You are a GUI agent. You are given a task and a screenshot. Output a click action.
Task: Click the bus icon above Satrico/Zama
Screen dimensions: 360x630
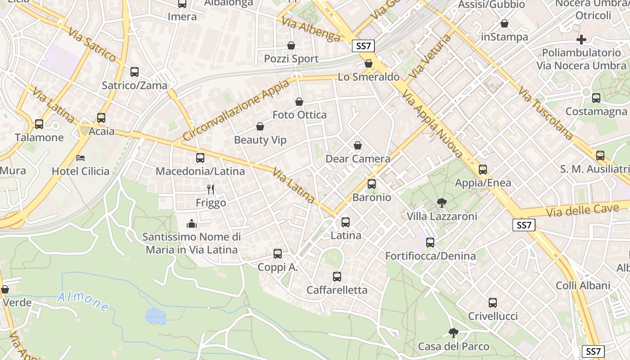(134, 72)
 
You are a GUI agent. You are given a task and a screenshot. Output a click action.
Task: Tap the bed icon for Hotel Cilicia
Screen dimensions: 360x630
(81, 158)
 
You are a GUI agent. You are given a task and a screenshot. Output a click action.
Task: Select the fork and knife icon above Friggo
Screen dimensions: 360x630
(210, 189)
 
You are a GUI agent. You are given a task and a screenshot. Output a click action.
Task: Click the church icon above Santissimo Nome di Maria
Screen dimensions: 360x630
(192, 223)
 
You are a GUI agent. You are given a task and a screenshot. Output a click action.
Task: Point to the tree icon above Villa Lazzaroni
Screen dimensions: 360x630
(441, 203)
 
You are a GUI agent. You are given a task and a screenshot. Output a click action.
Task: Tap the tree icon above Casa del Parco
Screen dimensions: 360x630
(453, 333)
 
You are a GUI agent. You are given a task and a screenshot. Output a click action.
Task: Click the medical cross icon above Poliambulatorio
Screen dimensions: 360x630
(581, 39)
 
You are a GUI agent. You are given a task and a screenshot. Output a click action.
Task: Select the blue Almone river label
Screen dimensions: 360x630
(83, 301)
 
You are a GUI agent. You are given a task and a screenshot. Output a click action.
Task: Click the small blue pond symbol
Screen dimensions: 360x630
(156, 316)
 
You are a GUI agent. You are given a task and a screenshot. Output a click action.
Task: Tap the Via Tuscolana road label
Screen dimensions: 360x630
(545, 113)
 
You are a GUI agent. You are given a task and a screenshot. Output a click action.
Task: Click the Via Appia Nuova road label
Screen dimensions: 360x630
(432, 124)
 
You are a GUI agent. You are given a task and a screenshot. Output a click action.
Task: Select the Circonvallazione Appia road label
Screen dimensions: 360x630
(236, 110)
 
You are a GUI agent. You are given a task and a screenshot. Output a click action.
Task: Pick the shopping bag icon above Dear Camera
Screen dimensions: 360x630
(358, 145)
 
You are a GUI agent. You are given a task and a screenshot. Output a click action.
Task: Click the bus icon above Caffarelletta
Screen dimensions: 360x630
(337, 277)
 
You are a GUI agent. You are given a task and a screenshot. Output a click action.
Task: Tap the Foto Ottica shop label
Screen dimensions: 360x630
(300, 115)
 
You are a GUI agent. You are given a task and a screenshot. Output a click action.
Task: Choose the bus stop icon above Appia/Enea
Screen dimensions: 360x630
(483, 170)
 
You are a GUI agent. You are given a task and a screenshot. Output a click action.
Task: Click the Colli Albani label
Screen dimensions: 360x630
(583, 285)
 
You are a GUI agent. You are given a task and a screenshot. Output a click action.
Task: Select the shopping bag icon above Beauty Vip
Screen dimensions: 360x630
(260, 127)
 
